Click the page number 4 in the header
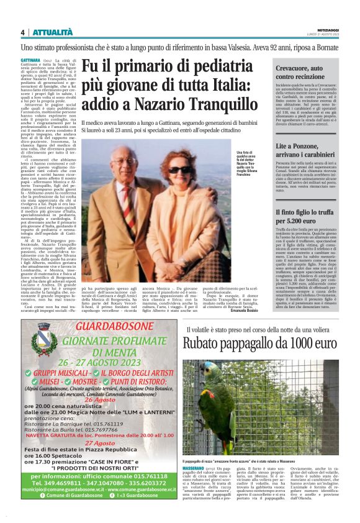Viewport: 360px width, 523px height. pos(22,32)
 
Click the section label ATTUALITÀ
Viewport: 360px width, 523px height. pos(49,32)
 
